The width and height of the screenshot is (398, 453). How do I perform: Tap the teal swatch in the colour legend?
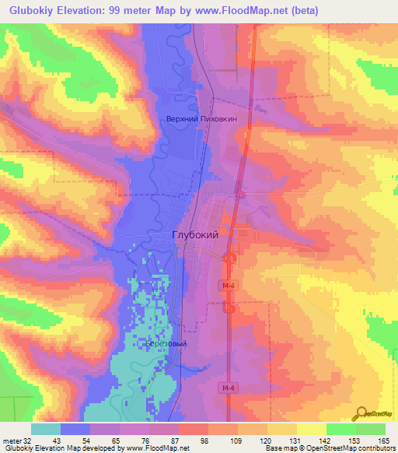tap(45, 430)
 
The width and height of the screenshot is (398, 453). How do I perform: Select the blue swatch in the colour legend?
tap(75, 430)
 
